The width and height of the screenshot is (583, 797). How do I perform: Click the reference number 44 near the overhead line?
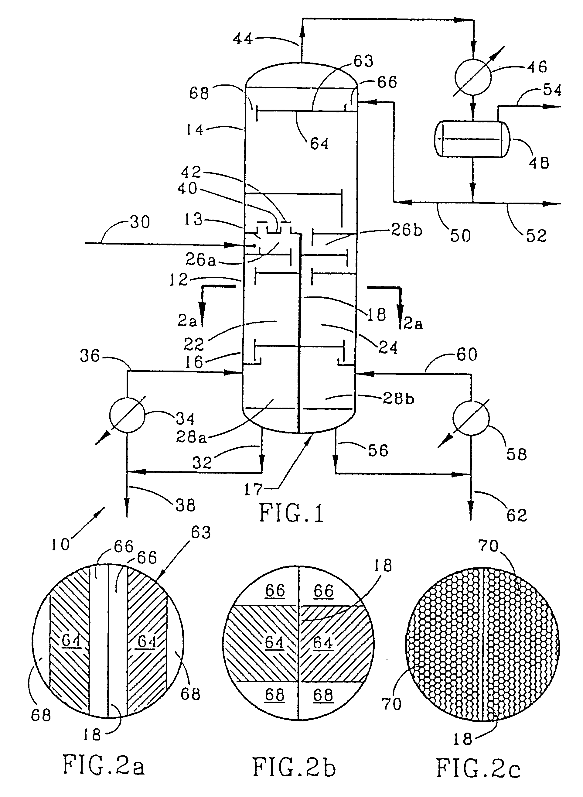click(x=243, y=39)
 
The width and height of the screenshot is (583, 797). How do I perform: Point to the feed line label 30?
click(x=140, y=222)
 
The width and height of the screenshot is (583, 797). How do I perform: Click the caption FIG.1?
click(x=291, y=513)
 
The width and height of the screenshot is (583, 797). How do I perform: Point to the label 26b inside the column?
click(x=407, y=231)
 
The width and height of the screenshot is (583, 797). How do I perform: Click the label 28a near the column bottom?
click(x=191, y=437)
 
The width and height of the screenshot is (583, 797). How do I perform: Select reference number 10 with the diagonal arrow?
click(x=60, y=545)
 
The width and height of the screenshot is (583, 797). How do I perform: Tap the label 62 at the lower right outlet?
click(x=517, y=515)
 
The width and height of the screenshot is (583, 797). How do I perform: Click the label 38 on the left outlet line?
click(x=186, y=505)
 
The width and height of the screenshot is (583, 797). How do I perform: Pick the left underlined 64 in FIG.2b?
click(x=274, y=642)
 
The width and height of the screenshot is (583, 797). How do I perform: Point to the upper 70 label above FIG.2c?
click(x=489, y=546)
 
